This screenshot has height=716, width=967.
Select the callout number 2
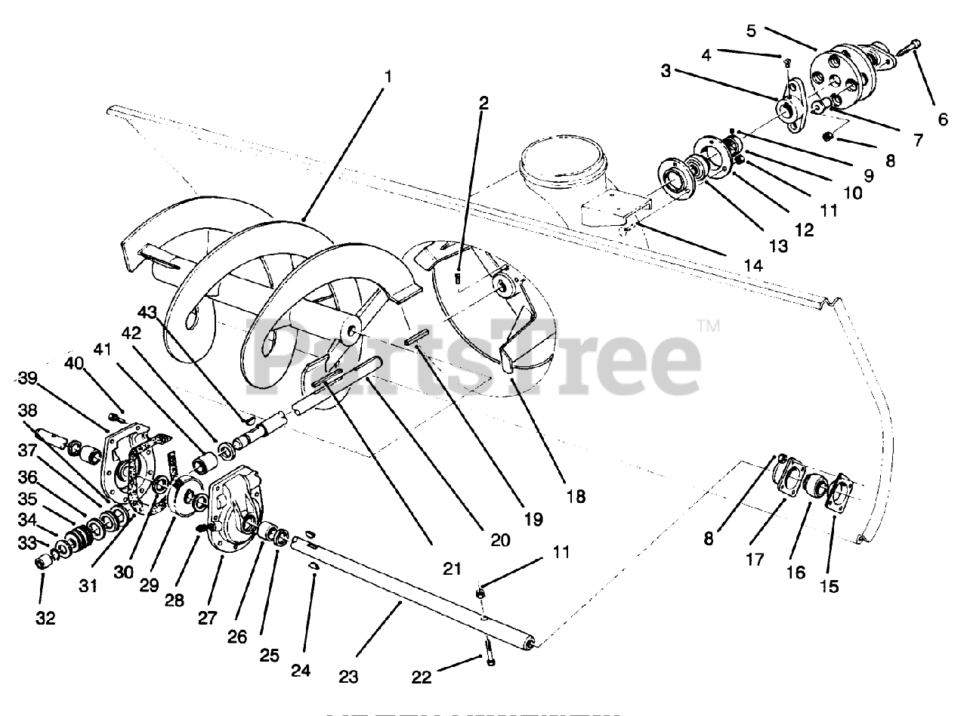(483, 103)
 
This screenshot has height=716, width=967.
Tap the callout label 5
(751, 31)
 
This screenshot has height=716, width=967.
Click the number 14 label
(753, 265)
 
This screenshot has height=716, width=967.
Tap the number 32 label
(45, 619)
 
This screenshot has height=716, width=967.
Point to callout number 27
(205, 618)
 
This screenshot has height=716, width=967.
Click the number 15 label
(830, 585)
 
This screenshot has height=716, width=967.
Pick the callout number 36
(28, 477)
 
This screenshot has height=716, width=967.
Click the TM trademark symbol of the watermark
(708, 327)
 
